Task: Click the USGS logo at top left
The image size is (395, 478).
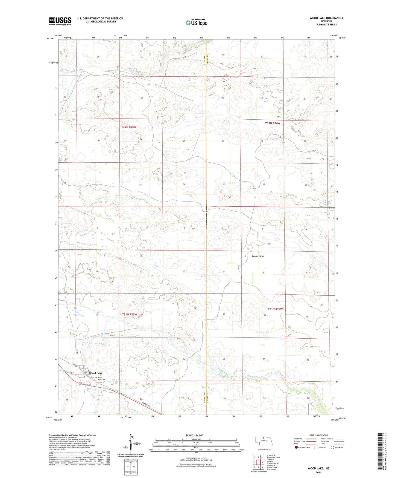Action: tap(60, 21)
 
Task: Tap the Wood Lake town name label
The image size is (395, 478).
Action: tap(95, 373)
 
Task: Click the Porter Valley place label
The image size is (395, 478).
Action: tap(258, 256)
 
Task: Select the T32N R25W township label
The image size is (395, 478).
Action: tap(129, 127)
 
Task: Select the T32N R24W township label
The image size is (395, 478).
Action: tap(273, 123)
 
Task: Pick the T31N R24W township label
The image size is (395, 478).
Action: tap(275, 309)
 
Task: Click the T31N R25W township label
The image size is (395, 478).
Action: tap(129, 315)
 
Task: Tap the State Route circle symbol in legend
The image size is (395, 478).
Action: tap(332, 447)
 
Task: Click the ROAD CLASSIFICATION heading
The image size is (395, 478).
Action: tap(318, 435)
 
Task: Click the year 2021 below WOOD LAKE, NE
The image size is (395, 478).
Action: tap(318, 473)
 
